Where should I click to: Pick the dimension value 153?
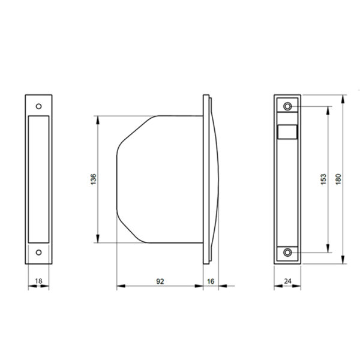323,179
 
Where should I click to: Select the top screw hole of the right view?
288,106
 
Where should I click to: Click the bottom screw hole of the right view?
288,253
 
